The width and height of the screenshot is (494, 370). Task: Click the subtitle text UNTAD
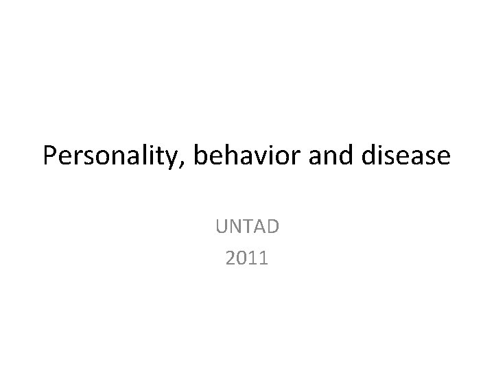coord(247,225)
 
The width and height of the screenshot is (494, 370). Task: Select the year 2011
coord(247,258)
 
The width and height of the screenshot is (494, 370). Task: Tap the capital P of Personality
coord(49,157)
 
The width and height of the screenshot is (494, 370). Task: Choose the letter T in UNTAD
coord(247,225)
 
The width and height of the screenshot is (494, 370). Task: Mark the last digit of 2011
coord(264,258)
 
